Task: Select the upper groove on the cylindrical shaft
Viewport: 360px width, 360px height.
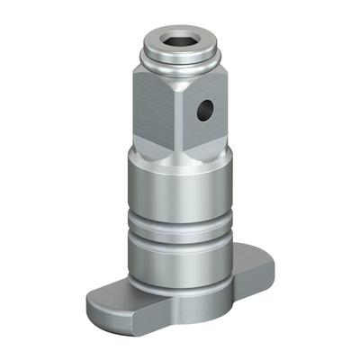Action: pyautogui.click(x=176, y=219)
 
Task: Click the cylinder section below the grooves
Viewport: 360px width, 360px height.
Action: pyautogui.click(x=176, y=261)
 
